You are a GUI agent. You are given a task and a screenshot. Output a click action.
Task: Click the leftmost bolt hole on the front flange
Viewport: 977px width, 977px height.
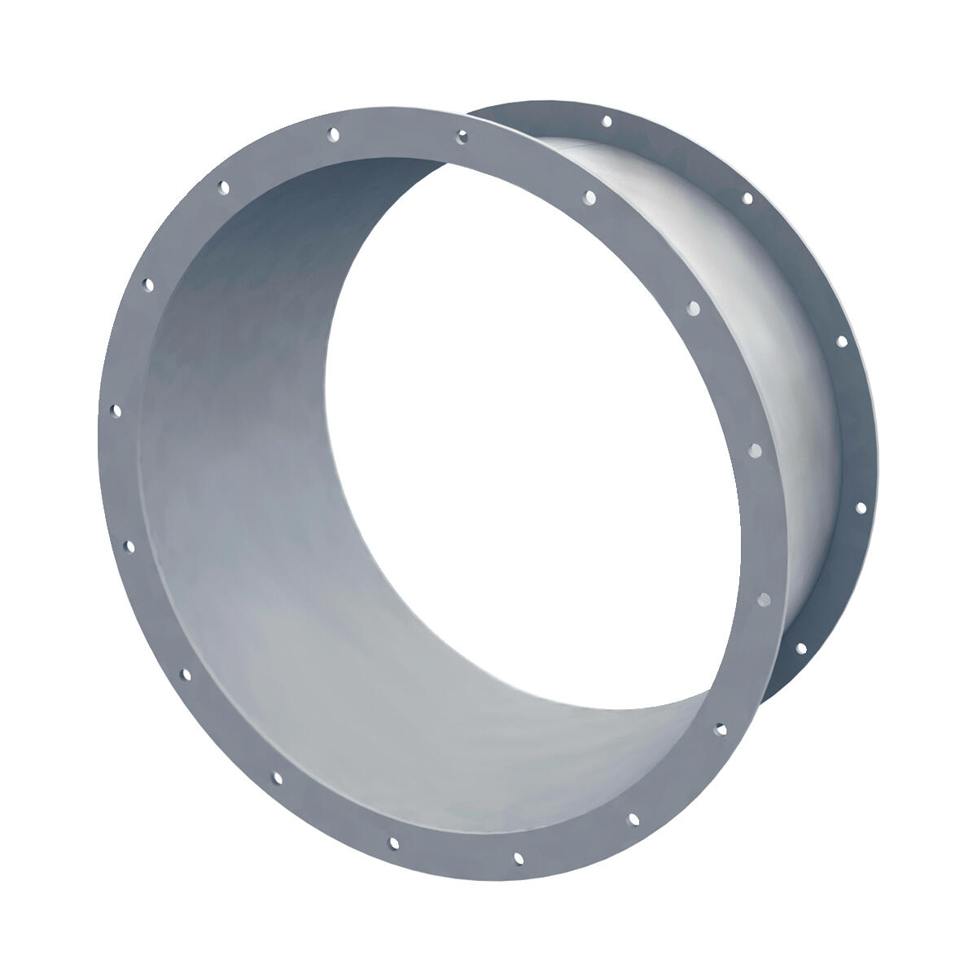coord(116,410)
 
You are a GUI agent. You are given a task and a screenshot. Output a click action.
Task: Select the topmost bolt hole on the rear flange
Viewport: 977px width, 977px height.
coord(607,121)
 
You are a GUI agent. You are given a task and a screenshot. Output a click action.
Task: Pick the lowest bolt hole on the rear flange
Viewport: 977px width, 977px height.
coord(801,648)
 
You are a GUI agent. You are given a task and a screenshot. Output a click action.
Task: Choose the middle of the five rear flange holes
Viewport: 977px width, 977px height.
coord(842,340)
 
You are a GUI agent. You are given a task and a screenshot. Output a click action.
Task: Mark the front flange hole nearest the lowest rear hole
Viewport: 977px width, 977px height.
coord(763,598)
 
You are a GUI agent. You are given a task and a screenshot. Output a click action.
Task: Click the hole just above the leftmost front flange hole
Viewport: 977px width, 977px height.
coord(147,285)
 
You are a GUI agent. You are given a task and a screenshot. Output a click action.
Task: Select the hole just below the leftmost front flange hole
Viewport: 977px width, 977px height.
coord(129,545)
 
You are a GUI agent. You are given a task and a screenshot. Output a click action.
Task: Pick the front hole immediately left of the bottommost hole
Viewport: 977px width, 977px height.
coord(394,842)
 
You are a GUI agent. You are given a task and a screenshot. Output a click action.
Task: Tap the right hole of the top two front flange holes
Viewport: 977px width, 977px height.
coord(462,135)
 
